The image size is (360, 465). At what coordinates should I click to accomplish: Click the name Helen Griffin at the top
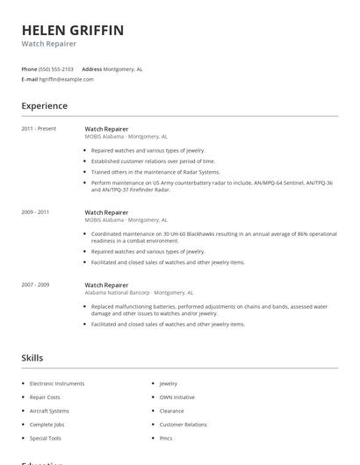(73, 31)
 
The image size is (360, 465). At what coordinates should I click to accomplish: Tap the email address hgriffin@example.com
(66, 79)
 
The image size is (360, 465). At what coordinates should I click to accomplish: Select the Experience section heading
(44, 106)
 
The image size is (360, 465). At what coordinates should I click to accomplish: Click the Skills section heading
(32, 358)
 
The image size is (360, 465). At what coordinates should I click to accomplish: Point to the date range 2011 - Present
(39, 128)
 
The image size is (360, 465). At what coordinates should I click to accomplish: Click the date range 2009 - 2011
(35, 211)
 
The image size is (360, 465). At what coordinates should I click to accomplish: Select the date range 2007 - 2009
(35, 285)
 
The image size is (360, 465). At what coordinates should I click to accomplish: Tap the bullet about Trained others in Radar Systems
(155, 172)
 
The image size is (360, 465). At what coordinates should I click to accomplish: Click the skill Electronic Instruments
(57, 383)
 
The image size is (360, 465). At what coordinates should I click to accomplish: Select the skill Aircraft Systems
(49, 411)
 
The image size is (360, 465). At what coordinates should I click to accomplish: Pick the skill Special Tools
(46, 438)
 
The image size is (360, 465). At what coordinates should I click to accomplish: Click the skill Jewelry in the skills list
(168, 383)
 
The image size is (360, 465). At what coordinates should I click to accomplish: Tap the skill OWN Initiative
(176, 397)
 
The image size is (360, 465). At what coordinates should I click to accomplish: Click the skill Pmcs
(166, 438)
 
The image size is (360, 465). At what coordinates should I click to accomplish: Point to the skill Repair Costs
(47, 397)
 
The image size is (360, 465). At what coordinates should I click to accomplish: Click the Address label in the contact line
(91, 68)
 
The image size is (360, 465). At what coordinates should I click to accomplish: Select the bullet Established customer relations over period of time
(153, 161)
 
